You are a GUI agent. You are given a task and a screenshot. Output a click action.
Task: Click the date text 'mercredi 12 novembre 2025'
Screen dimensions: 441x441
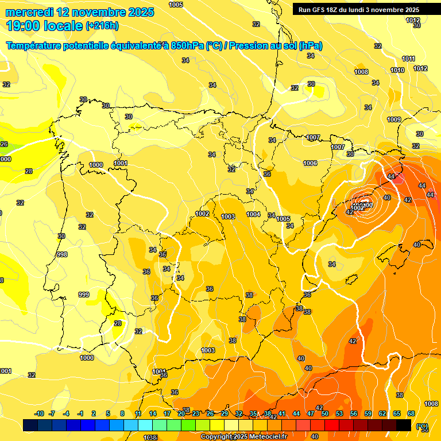tap(79, 12)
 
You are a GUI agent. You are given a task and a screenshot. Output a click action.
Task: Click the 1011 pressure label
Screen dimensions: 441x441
tap(408, 59)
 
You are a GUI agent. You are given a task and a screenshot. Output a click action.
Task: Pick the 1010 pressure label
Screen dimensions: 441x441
tap(397, 70)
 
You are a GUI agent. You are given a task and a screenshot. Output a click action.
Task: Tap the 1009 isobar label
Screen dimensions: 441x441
tap(394, 119)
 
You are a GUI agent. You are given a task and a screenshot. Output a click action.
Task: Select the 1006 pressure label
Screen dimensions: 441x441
tap(310, 163)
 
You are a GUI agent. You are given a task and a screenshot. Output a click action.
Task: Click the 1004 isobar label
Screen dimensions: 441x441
tap(253, 214)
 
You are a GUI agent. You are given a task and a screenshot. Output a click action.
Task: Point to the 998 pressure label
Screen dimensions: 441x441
tap(62, 254)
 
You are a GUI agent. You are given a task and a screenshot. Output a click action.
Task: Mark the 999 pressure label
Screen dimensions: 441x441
tap(84, 295)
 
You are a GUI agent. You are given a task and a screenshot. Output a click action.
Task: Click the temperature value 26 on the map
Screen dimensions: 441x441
tap(4, 144)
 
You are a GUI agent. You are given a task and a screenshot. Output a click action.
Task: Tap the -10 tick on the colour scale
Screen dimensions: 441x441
tap(39, 413)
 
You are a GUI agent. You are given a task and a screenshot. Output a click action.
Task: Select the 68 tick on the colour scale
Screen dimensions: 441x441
tap(411, 413)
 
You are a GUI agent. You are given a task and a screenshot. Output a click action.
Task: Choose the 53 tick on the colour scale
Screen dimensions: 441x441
tap(339, 413)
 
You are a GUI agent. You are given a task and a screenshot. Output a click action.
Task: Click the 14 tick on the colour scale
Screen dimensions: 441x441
tap(153, 413)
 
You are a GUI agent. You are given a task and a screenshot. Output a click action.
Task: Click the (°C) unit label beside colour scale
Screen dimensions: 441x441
tap(422, 426)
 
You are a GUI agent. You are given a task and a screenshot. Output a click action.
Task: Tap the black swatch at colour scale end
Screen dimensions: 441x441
tap(404, 425)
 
